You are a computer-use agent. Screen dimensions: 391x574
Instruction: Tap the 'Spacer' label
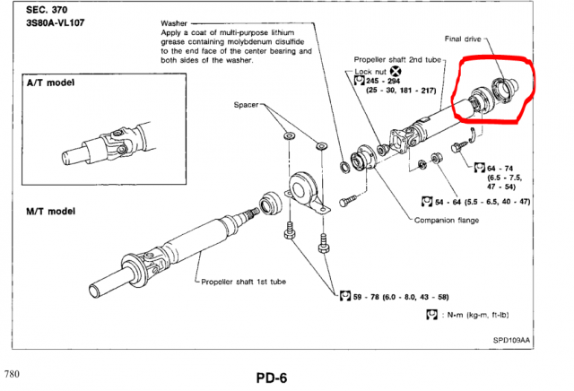247,105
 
